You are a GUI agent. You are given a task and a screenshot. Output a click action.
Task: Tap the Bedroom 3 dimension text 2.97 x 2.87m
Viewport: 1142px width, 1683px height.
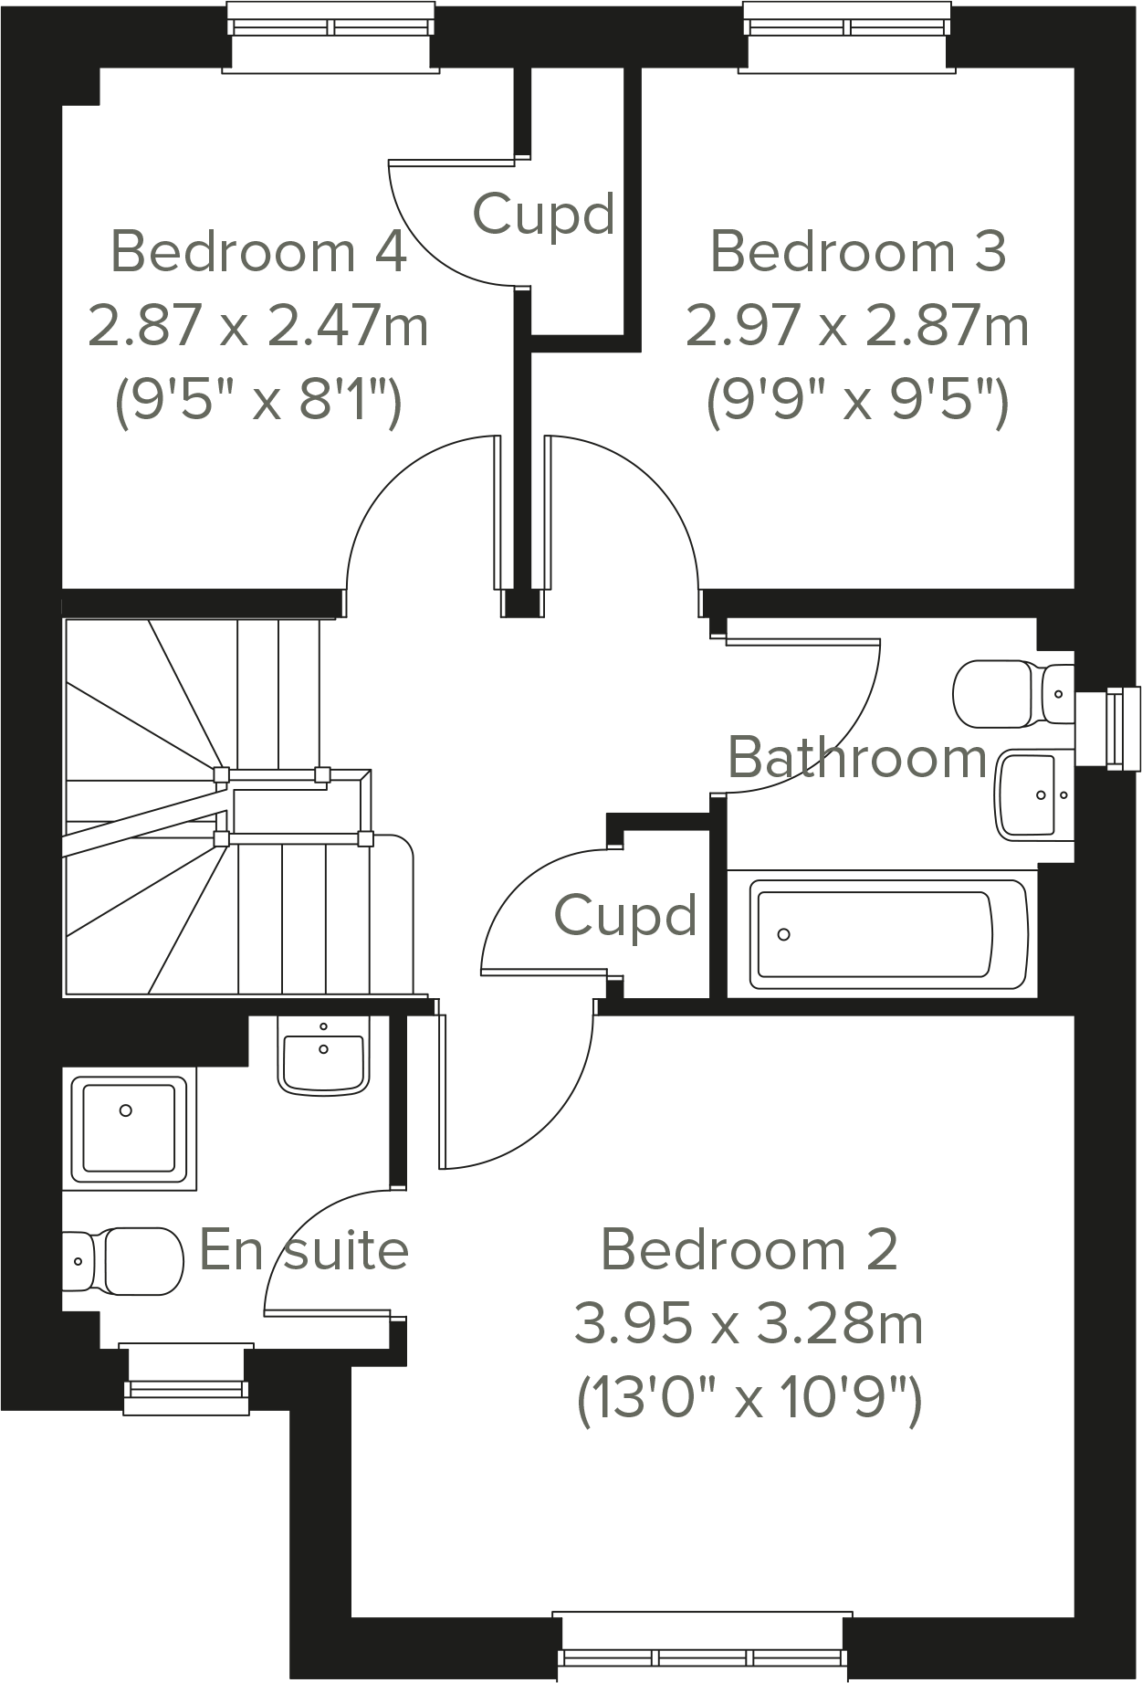[x=857, y=326]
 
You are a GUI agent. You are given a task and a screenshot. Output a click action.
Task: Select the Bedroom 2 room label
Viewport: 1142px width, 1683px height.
[x=749, y=1250]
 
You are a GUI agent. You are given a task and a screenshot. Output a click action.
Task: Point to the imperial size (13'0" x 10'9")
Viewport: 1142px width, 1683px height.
[x=749, y=1398]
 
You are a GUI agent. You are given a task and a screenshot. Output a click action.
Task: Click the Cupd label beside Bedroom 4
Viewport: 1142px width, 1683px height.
[x=543, y=216]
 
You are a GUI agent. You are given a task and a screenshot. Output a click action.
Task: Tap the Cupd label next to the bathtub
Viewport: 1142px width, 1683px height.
[x=625, y=916]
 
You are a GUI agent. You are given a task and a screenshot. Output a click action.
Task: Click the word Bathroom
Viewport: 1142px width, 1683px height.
[x=857, y=758]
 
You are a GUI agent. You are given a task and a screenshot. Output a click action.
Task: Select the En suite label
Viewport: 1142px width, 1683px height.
[x=304, y=1250]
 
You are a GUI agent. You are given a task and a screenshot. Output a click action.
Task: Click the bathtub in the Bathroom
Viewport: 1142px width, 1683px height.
[x=882, y=933]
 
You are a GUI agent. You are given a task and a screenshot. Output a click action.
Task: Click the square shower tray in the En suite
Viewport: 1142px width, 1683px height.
[x=129, y=1128]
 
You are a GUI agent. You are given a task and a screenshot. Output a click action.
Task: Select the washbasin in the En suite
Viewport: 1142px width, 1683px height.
[x=323, y=1057]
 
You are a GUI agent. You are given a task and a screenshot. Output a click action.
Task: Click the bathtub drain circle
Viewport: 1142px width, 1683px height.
[x=783, y=934]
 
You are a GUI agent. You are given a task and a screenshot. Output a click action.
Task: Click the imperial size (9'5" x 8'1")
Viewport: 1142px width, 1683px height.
[x=258, y=400]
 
